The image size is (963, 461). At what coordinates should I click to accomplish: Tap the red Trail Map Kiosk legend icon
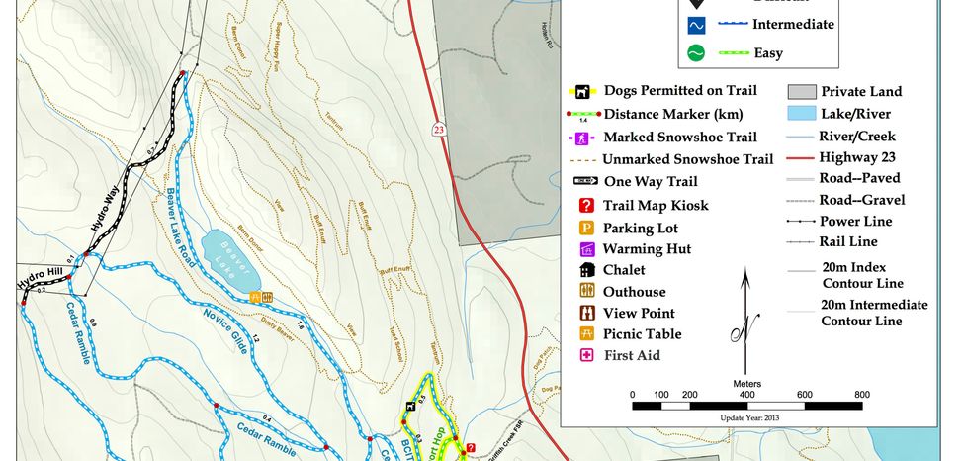coord(585,206)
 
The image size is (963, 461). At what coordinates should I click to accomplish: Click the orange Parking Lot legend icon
coord(585,228)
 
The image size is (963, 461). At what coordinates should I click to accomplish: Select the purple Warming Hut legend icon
coord(585,249)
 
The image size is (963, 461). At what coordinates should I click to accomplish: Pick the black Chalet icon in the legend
coord(585,270)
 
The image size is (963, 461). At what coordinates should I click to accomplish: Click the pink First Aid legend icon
coord(585,355)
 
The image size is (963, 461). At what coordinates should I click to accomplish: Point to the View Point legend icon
coord(585,313)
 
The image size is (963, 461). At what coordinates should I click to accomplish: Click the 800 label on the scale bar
coord(861,394)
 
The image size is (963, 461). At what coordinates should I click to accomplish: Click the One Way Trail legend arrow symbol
coord(585,181)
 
